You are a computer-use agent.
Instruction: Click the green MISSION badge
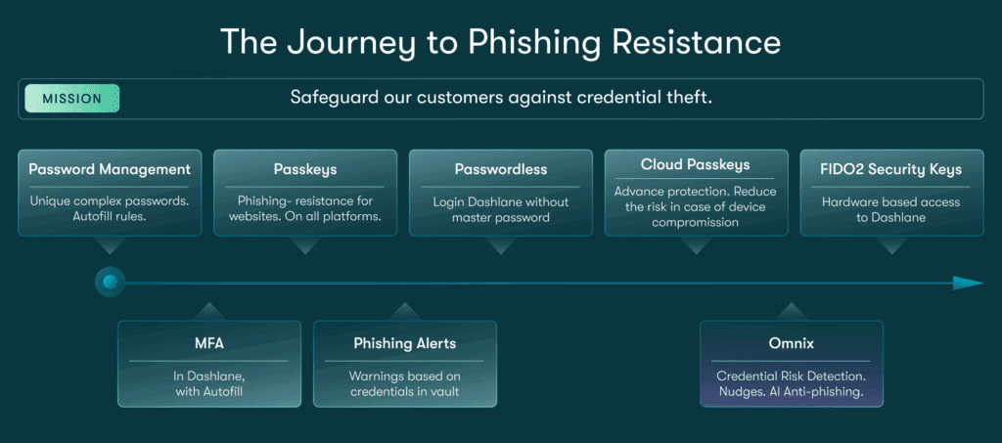[x=71, y=99]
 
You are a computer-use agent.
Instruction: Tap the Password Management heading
[x=110, y=169]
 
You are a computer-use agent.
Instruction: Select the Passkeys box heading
[x=305, y=169]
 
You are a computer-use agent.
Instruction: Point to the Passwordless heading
[x=500, y=169]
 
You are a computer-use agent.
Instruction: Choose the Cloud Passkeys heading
[x=696, y=165]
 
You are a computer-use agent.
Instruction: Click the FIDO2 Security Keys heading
[x=891, y=169]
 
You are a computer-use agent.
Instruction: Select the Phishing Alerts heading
[x=404, y=343]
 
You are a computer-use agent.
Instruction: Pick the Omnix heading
[x=792, y=343]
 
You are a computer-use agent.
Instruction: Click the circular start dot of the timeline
[x=110, y=283]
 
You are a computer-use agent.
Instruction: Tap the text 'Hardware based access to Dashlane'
[x=891, y=209]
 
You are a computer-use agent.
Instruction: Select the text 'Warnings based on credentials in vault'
[x=404, y=383]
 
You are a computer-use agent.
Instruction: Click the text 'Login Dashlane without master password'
[x=500, y=209]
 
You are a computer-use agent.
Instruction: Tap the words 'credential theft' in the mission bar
[x=647, y=99]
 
